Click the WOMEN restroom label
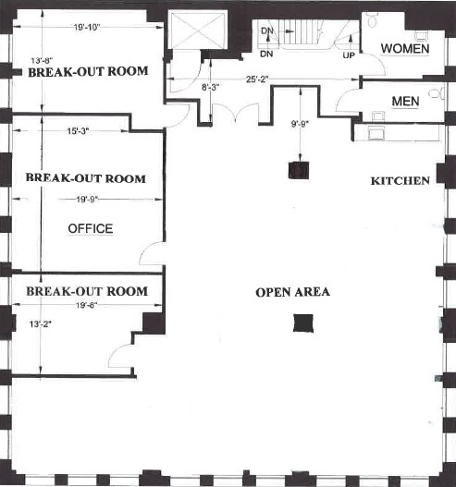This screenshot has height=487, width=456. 404,48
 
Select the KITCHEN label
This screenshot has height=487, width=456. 400,180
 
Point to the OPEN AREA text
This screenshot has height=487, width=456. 292,293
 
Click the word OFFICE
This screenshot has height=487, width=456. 90,228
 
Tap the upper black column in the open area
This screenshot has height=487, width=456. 297,169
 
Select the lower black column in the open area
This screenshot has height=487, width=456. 302,322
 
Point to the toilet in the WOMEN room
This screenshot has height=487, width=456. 373,20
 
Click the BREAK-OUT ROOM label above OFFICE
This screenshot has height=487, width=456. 86,178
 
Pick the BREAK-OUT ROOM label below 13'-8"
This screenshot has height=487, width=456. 88,70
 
